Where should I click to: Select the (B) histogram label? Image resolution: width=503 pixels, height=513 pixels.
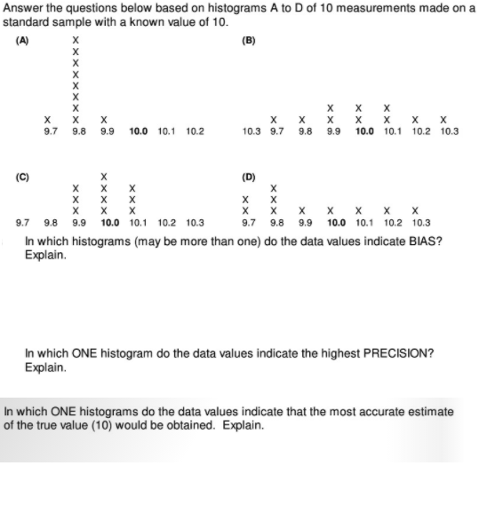[248, 40]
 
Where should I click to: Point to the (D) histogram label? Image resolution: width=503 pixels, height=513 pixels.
[249, 176]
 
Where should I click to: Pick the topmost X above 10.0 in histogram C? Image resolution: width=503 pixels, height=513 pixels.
[105, 176]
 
